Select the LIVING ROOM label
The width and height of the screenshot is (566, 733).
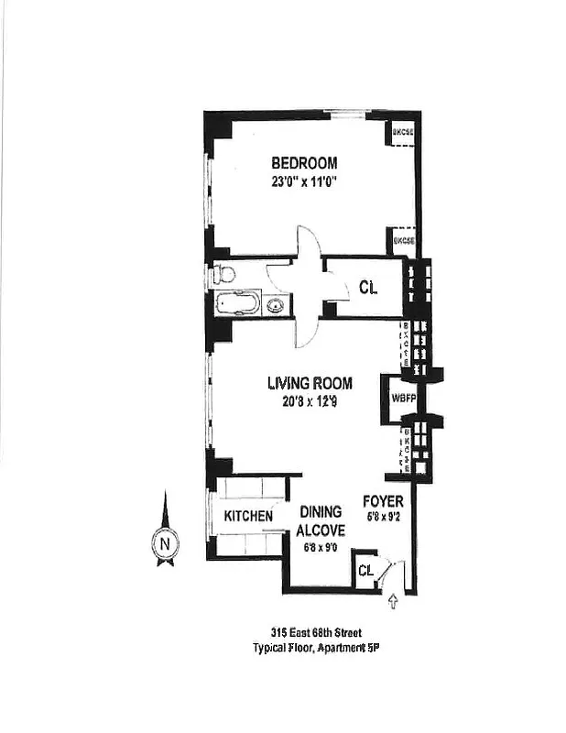tap(310, 383)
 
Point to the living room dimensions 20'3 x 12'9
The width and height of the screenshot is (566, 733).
tap(310, 400)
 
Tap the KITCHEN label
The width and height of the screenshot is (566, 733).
tap(248, 517)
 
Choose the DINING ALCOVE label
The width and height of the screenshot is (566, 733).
tap(320, 520)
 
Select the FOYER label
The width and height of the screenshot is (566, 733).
tap(383, 501)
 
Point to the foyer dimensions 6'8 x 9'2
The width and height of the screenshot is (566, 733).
tap(383, 516)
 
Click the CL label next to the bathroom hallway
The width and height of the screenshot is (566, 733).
tap(368, 288)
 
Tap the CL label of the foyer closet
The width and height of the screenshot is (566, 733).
tap(365, 571)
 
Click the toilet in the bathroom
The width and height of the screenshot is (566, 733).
tap(223, 274)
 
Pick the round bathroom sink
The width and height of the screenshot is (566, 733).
tap(274, 305)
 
